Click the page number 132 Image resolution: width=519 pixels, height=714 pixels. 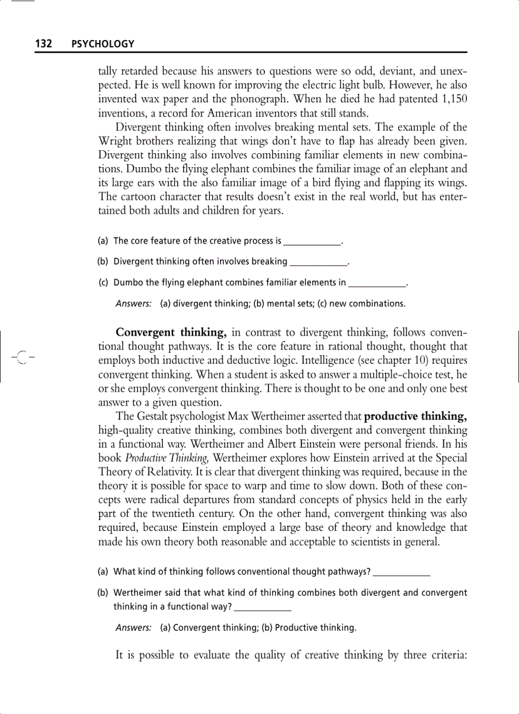pyautogui.click(x=43, y=44)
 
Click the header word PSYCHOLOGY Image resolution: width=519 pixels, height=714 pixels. pyautogui.click(x=103, y=44)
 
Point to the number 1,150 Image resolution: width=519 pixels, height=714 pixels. pyautogui.click(x=453, y=100)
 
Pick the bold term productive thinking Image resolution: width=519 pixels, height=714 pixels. pyautogui.click(x=416, y=416)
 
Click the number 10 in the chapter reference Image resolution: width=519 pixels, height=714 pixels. pyautogui.click(x=414, y=360)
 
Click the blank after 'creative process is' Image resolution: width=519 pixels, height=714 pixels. pyautogui.click(x=312, y=242)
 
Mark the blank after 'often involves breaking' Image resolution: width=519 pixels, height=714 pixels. pyautogui.click(x=319, y=262)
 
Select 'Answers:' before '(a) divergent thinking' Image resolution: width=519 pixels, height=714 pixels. pyautogui.click(x=134, y=303)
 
